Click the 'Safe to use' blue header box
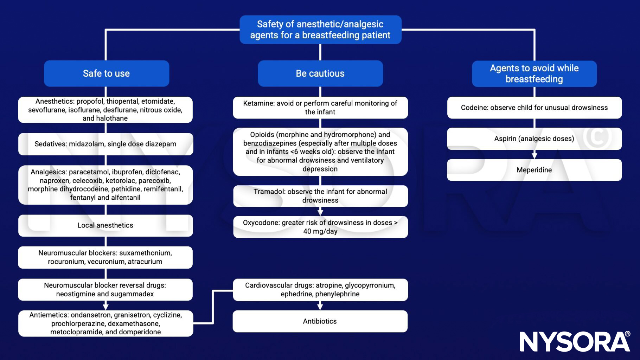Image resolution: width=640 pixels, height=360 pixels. [x=106, y=73]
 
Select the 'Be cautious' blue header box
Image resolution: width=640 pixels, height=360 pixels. [x=320, y=73]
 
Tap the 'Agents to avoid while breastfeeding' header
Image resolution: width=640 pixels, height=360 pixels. [x=534, y=73]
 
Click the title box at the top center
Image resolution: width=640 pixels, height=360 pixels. [x=320, y=30]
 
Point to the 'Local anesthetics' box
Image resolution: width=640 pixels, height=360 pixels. [x=105, y=225]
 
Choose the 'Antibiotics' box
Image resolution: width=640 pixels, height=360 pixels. [x=320, y=321]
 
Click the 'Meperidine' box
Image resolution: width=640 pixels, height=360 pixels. [x=534, y=170]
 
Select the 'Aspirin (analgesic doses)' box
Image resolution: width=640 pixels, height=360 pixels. [x=534, y=139]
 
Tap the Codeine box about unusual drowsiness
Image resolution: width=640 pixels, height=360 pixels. [x=534, y=108]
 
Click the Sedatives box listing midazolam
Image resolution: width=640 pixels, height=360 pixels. [x=105, y=144]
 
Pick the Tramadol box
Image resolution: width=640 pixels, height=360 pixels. [x=320, y=196]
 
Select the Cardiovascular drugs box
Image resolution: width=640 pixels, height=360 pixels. [x=320, y=290]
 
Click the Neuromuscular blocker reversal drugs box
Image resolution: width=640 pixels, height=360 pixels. [x=105, y=290]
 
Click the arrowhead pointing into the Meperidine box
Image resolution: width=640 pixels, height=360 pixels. [x=534, y=155]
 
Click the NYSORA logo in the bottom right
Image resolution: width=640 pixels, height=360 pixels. [x=575, y=341]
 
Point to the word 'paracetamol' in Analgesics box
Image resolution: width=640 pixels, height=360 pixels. [x=89, y=172]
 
